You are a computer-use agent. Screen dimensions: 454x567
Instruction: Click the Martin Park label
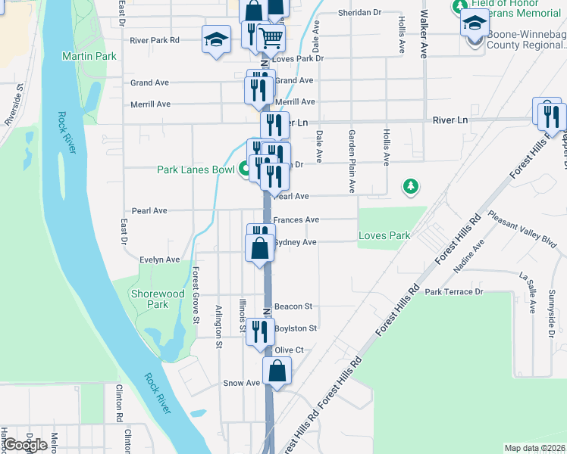coord(89,56)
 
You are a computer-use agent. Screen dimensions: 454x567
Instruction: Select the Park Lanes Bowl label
coord(196,169)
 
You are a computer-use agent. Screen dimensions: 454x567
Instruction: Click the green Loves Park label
coord(384,235)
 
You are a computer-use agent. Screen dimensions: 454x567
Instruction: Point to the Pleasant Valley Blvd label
coord(522,230)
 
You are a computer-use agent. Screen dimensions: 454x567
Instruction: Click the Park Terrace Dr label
coord(454,291)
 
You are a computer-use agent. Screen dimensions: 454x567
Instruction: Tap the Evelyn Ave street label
coord(159,260)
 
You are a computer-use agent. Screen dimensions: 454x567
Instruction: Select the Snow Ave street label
coord(241,383)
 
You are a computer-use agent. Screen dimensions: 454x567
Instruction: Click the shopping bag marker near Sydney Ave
coord(259,247)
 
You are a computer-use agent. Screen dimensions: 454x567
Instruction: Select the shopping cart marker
coord(271,37)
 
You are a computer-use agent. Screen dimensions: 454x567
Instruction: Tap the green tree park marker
coord(410,185)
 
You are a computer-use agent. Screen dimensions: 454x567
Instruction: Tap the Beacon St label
coord(293,306)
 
